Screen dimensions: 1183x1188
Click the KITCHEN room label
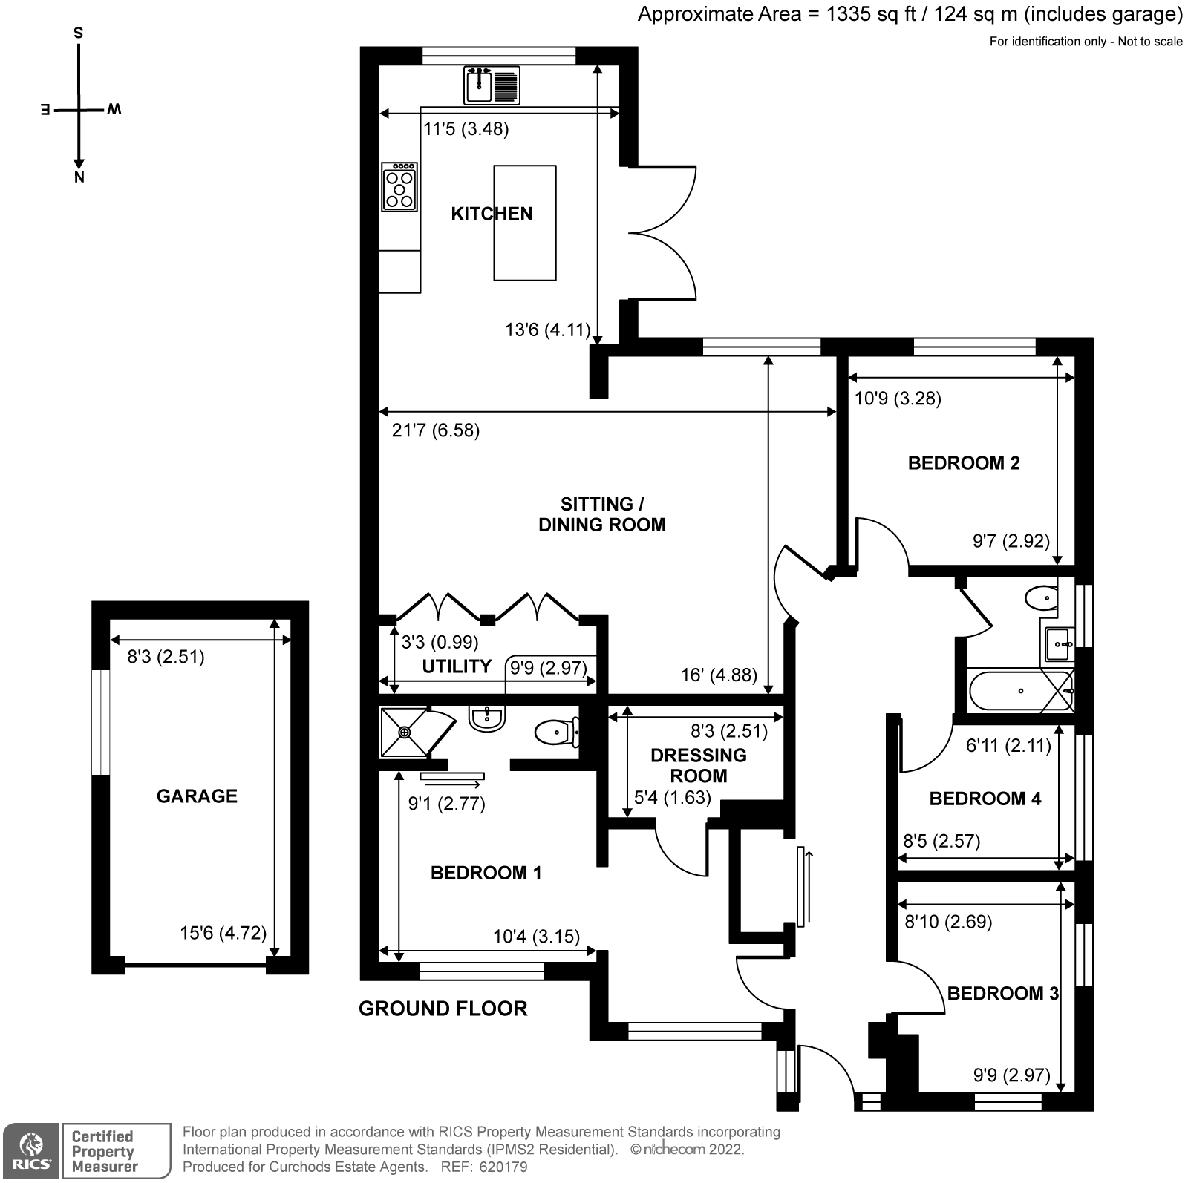point(492,214)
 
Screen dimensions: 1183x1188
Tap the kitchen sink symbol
point(492,85)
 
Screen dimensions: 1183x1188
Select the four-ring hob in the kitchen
point(399,188)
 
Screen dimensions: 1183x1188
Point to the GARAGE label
point(197,796)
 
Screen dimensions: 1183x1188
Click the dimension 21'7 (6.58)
point(436,430)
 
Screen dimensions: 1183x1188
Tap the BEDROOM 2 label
point(964,463)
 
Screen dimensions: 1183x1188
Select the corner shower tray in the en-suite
point(405,732)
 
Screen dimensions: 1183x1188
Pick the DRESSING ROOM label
point(698,765)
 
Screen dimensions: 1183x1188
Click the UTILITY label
point(457,666)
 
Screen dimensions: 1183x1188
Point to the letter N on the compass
point(79,177)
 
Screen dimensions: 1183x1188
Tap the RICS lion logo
point(30,1150)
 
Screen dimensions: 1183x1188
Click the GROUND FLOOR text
point(443,1008)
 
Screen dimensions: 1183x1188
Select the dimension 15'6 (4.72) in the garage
point(223,932)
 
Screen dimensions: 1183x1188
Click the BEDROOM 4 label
point(985,799)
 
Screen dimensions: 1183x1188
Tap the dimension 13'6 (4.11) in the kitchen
point(547,330)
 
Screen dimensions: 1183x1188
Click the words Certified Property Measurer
point(104,1151)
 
